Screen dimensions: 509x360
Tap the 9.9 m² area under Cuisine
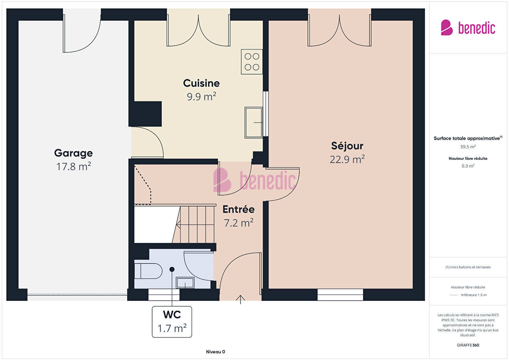[x=201, y=97]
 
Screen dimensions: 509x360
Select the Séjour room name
[x=347, y=146]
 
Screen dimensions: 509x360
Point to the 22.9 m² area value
[x=347, y=159]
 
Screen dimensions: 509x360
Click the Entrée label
[x=238, y=209]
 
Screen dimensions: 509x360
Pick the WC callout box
[x=172, y=322]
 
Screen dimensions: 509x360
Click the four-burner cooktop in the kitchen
[x=252, y=62]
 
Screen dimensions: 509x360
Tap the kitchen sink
[x=253, y=122]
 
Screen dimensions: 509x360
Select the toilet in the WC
[x=148, y=271]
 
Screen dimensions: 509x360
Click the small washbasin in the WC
[x=185, y=283]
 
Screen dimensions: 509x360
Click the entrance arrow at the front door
[x=240, y=300]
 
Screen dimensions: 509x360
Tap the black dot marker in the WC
[x=172, y=269]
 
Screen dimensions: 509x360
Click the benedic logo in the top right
[x=468, y=27]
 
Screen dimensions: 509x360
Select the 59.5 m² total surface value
[x=468, y=147]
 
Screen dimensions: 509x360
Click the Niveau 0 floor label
[x=215, y=352]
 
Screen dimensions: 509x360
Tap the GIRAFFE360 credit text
[x=468, y=345]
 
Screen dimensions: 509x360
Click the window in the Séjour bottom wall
[x=340, y=295]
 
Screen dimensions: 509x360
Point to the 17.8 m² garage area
[x=74, y=166]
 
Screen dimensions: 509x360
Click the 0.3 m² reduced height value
[x=468, y=166]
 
